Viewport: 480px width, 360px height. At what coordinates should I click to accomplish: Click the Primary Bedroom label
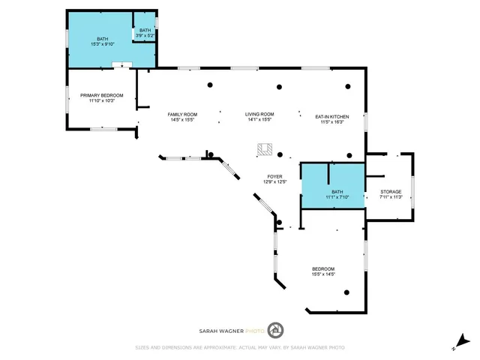point(101,95)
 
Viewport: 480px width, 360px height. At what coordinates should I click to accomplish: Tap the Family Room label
point(181,114)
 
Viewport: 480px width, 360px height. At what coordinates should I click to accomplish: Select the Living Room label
point(258,114)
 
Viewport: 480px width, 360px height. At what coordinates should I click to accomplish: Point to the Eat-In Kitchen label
point(331,116)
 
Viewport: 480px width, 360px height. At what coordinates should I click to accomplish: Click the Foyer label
point(274,176)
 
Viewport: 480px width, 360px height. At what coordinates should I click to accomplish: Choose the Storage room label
point(391,192)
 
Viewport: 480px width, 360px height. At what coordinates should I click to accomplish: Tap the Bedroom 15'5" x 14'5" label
point(323,268)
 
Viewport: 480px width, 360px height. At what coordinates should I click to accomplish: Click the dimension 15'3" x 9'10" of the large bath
point(102,43)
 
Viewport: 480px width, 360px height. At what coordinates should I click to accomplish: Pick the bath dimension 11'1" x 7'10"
point(333,197)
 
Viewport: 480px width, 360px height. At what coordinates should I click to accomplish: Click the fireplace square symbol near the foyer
point(263,150)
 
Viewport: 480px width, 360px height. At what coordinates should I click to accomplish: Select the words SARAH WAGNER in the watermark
point(223,330)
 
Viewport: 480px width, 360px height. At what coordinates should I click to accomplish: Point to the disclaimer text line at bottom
point(239,347)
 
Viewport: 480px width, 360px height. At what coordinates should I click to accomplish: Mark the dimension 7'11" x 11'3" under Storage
point(391,197)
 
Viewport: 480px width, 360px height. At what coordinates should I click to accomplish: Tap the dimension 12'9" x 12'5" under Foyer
point(274,181)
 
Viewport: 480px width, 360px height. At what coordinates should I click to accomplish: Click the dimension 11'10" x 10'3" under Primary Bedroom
point(101,100)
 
